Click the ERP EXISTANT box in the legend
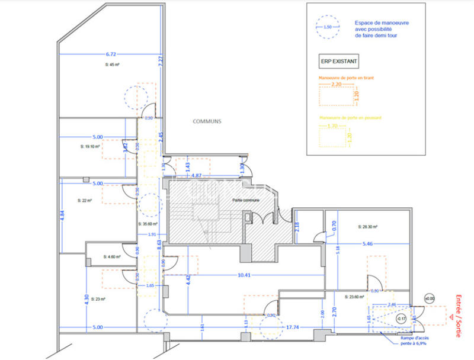point(338,60)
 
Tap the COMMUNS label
point(206,121)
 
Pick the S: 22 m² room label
point(85,201)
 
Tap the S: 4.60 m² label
point(112,257)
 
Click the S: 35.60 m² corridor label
point(148,224)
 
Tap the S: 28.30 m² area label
point(368,226)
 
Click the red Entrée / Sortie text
point(458,317)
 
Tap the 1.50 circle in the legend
point(328,27)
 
